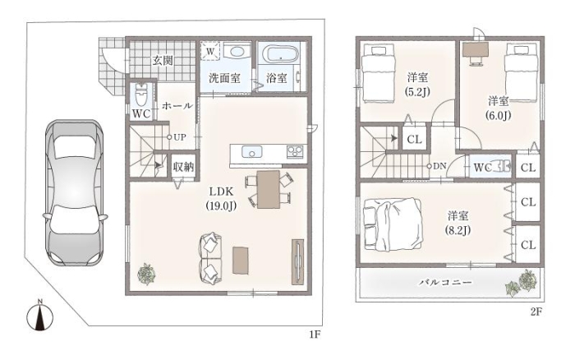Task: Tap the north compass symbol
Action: click(x=40, y=316)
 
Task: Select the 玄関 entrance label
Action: click(x=163, y=59)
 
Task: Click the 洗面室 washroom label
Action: click(x=223, y=79)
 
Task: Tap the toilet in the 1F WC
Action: click(x=142, y=95)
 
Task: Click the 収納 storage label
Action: click(x=183, y=166)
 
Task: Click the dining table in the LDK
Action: click(x=268, y=189)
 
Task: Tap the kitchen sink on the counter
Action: click(x=251, y=151)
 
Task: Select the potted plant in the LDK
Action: click(x=146, y=273)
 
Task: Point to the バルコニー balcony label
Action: click(x=445, y=281)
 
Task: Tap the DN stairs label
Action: click(x=439, y=165)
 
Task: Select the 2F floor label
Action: click(x=536, y=312)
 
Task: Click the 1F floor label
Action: click(x=314, y=335)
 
